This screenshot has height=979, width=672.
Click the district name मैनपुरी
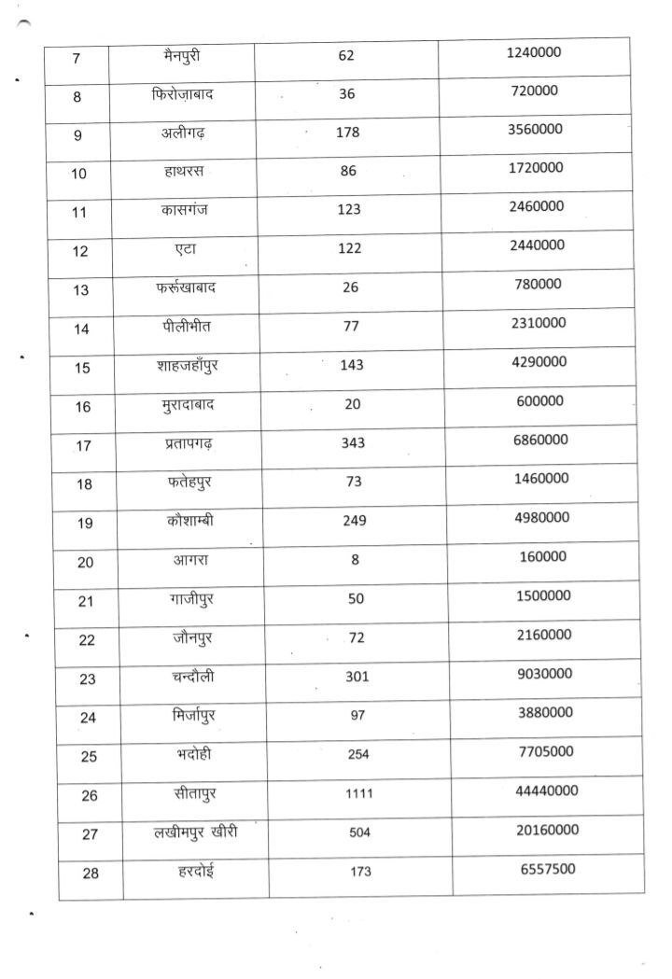(180, 56)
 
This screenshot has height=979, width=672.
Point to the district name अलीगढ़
(182, 133)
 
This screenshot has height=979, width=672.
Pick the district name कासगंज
(184, 209)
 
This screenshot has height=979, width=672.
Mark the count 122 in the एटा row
(349, 247)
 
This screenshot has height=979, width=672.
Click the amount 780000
(538, 284)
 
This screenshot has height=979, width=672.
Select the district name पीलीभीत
(187, 325)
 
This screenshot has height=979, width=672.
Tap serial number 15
(82, 368)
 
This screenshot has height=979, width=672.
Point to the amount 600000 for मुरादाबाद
(539, 400)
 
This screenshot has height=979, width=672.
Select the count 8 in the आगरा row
(356, 560)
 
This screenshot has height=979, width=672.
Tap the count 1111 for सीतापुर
(359, 793)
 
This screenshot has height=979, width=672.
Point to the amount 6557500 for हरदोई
(548, 869)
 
